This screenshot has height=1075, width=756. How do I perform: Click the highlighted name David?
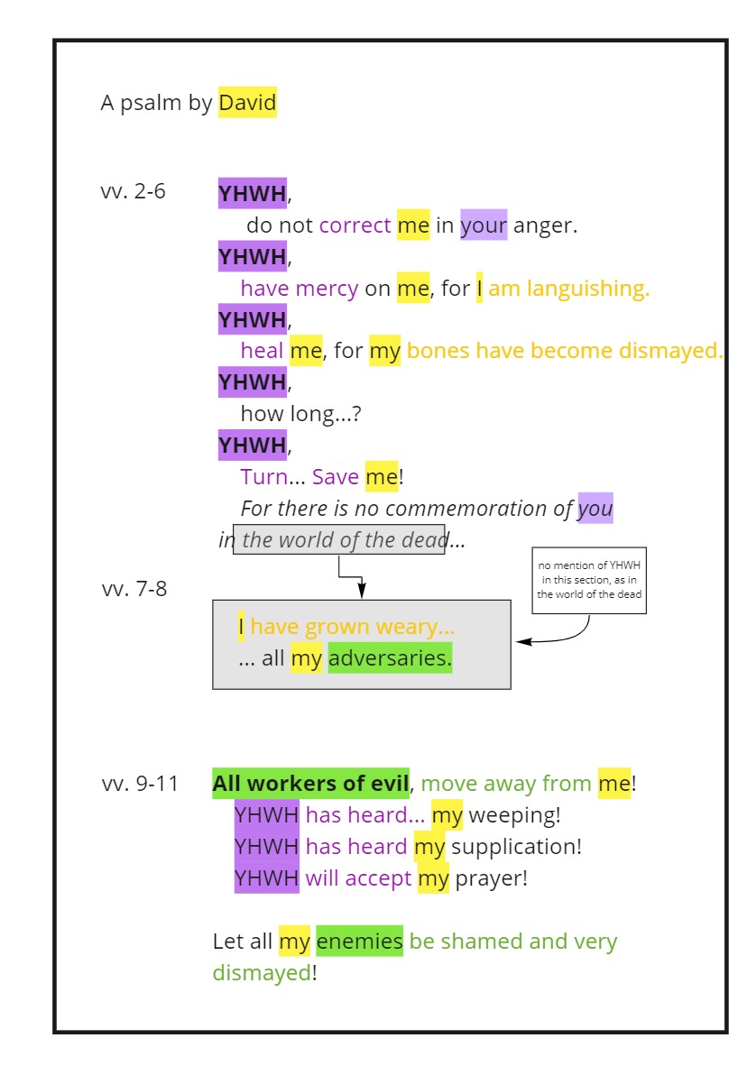pyautogui.click(x=247, y=103)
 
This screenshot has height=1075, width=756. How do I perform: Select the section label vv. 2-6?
pyautogui.click(x=134, y=191)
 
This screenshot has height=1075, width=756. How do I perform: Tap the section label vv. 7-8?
pyautogui.click(x=134, y=590)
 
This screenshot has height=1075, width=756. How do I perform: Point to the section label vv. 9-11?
pyautogui.click(x=140, y=784)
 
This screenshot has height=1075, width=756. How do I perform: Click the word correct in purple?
pyautogui.click(x=355, y=225)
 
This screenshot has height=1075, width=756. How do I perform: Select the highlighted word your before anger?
pyautogui.click(x=484, y=225)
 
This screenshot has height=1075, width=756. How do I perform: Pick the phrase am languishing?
pyautogui.click(x=568, y=289)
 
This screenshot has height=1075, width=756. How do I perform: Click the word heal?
pyautogui.click(x=262, y=351)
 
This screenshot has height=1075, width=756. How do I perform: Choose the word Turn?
pyautogui.click(x=263, y=476)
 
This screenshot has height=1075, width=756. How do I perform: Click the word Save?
pyautogui.click(x=336, y=476)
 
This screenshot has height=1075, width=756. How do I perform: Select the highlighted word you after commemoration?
pyautogui.click(x=595, y=509)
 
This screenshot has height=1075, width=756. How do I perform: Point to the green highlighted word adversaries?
pyautogui.click(x=389, y=658)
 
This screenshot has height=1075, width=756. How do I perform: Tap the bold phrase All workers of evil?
pyautogui.click(x=310, y=784)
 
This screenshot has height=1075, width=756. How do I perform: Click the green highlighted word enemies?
pyautogui.click(x=359, y=942)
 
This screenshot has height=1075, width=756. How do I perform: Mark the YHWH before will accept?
pyautogui.click(x=266, y=878)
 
